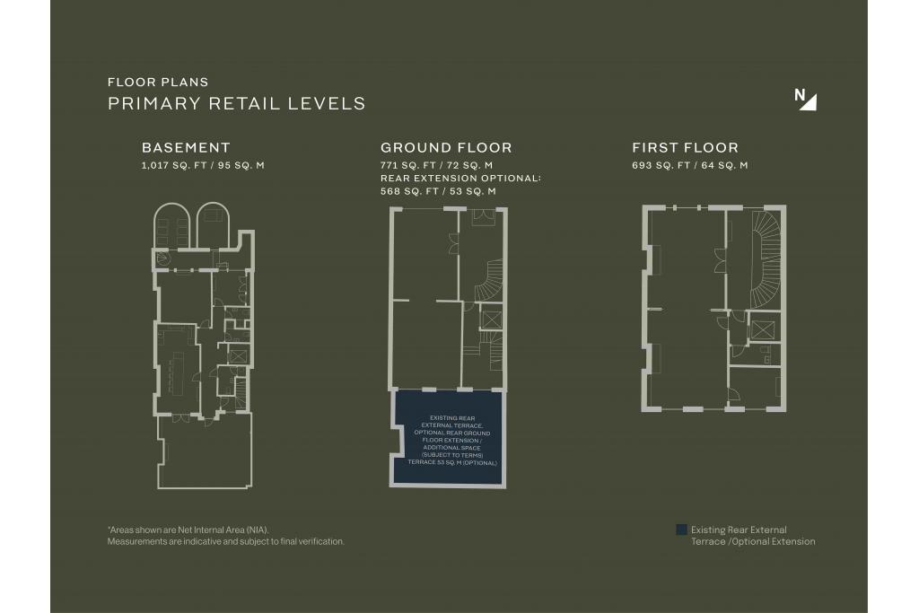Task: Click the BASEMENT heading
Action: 186,148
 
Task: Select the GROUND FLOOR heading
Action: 446,148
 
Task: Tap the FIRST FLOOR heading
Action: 685,148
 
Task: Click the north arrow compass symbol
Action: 805,99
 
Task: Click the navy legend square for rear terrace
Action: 681,530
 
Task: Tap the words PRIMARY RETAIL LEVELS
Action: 237,104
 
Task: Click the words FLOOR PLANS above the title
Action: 158,82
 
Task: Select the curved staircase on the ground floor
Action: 489,281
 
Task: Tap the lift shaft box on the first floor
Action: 763,329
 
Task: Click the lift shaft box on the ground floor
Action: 491,320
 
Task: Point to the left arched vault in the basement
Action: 172,225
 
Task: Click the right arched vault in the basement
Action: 213,225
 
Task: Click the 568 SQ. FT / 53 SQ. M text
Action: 438,191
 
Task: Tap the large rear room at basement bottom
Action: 205,451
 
